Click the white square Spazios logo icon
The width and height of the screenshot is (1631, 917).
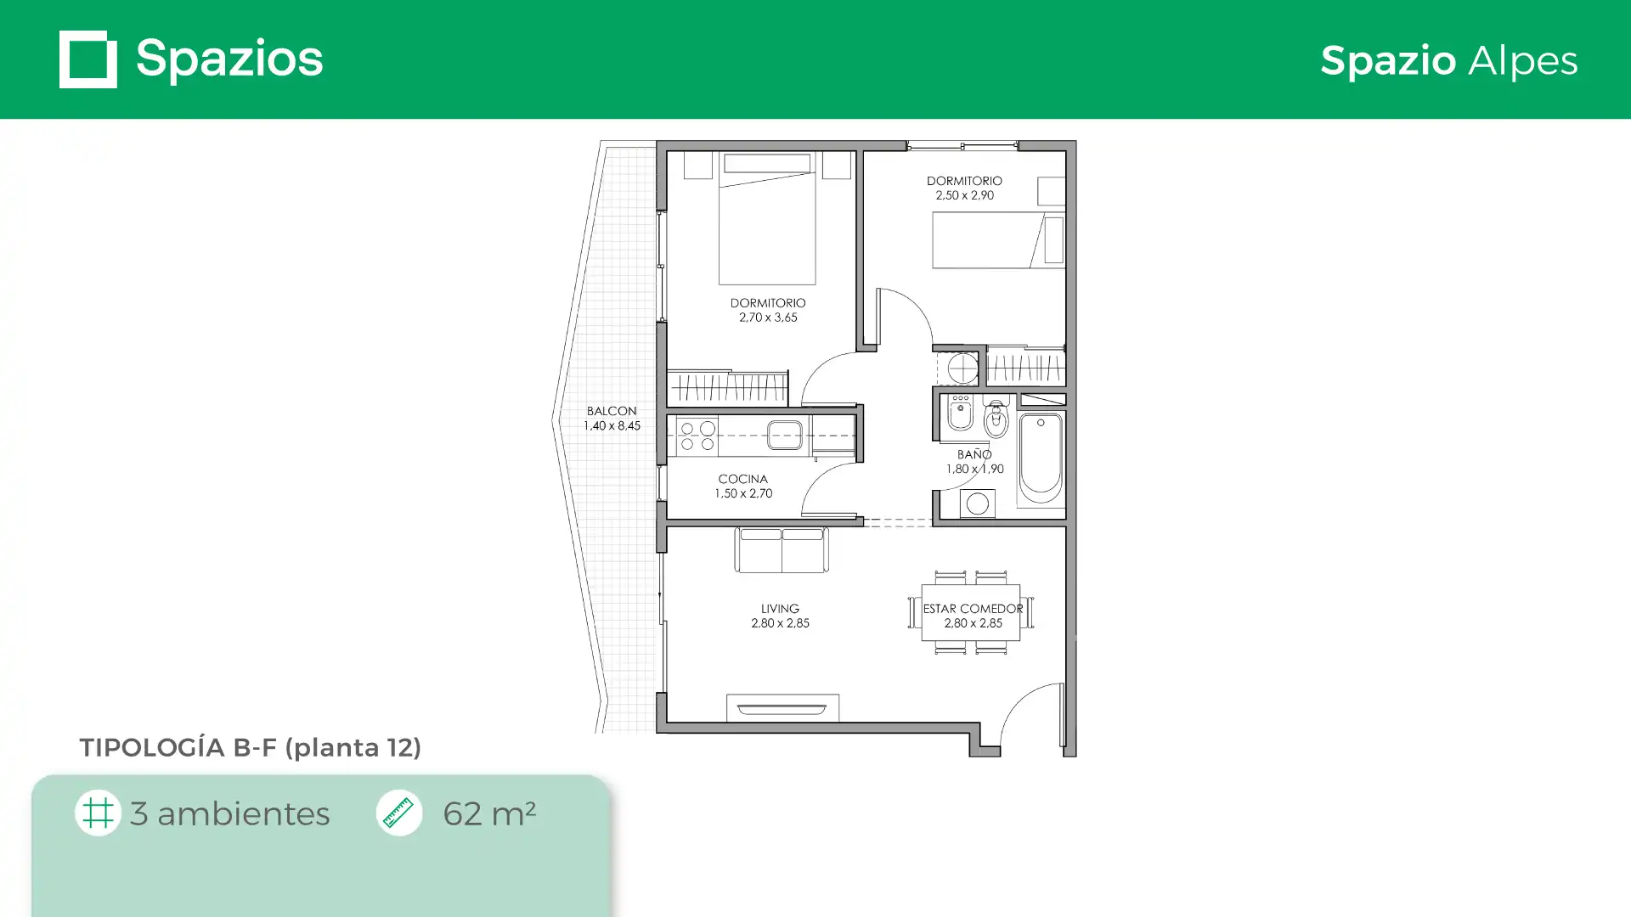pyautogui.click(x=88, y=59)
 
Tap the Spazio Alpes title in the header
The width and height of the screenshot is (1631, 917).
pyautogui.click(x=1449, y=61)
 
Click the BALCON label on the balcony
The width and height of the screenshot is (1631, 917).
pyautogui.click(x=612, y=411)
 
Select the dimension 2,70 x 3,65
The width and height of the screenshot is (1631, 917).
pyautogui.click(x=768, y=318)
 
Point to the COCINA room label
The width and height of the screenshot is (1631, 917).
pyautogui.click(x=742, y=479)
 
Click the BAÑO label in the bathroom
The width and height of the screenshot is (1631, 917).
pyautogui.click(x=974, y=454)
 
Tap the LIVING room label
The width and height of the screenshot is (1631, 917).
pyautogui.click(x=780, y=609)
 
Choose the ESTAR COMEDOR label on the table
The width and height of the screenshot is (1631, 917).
pyautogui.click(x=974, y=609)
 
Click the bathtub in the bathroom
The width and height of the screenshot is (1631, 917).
pyautogui.click(x=1041, y=458)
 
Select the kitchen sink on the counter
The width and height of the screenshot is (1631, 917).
pyautogui.click(x=785, y=436)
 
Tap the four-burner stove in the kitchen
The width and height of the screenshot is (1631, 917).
pyautogui.click(x=697, y=436)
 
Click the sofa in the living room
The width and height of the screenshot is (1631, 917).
pyautogui.click(x=782, y=550)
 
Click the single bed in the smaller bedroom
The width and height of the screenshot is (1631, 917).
pyautogui.click(x=999, y=240)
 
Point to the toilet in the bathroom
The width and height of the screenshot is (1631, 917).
pyautogui.click(x=996, y=417)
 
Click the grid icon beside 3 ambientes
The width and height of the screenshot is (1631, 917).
pyautogui.click(x=98, y=813)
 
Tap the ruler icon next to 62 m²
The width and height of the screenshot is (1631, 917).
pyautogui.click(x=398, y=813)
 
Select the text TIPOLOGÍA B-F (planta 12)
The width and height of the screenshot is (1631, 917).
pyautogui.click(x=251, y=748)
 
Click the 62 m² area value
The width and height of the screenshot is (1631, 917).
pyautogui.click(x=489, y=813)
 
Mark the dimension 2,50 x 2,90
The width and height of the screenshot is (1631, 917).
pyautogui.click(x=964, y=195)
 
